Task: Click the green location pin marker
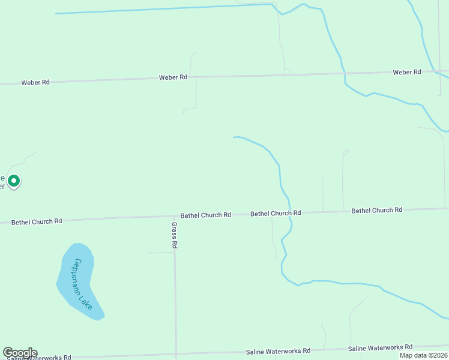click(13, 180)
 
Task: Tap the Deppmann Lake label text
click(83, 284)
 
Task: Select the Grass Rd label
click(174, 235)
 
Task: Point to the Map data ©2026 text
click(423, 355)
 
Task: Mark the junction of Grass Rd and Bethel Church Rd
click(175, 217)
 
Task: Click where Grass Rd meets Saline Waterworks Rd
click(176, 355)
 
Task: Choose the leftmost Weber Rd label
click(35, 82)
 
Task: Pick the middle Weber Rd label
click(173, 77)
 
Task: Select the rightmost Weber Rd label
click(407, 72)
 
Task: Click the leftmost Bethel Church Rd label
click(37, 221)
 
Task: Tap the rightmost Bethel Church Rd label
click(377, 211)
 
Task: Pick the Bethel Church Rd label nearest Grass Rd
click(206, 215)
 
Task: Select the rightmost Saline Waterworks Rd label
click(380, 347)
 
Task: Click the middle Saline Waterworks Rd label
click(278, 350)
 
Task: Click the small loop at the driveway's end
click(345, 152)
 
